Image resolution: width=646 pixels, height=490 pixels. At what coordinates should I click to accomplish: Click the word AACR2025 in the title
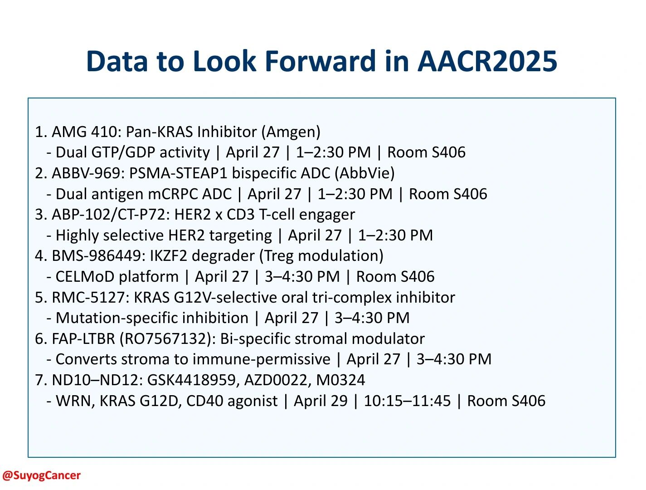pyautogui.click(x=487, y=61)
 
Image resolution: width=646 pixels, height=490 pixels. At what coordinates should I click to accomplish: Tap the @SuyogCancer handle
pyautogui.click(x=41, y=475)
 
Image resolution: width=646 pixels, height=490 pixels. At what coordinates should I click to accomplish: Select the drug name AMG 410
pyautogui.click(x=84, y=132)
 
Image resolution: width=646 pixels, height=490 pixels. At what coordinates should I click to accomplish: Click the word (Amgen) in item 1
pyautogui.click(x=291, y=132)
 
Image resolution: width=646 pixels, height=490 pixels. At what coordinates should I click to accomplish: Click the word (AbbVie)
pyautogui.click(x=364, y=173)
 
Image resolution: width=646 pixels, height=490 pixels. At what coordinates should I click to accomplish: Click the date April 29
pyautogui.click(x=321, y=401)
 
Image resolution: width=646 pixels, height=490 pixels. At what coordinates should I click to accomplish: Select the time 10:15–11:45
pyautogui.click(x=407, y=401)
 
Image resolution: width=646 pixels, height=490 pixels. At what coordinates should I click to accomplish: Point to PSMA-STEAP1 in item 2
pyautogui.click(x=178, y=173)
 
